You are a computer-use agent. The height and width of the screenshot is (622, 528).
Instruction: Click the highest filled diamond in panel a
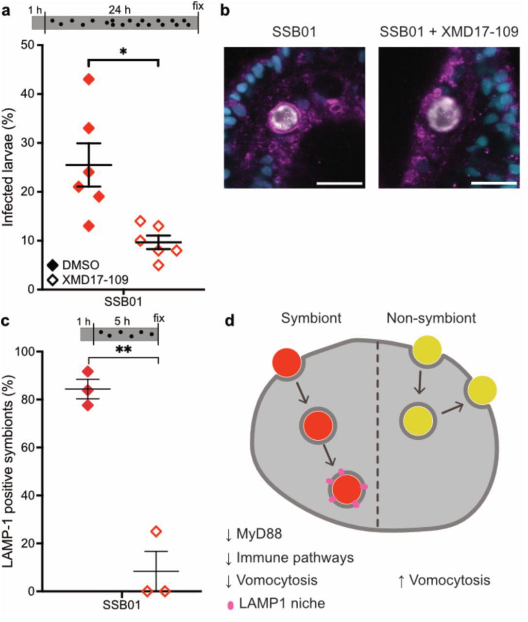click(88, 79)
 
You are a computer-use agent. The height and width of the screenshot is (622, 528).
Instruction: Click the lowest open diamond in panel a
click(158, 265)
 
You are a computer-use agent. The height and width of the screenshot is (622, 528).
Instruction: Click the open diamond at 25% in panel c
click(156, 531)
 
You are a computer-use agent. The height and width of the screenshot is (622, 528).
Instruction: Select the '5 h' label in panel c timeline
click(120, 321)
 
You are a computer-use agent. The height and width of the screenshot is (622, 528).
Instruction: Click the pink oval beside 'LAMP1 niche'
click(230, 605)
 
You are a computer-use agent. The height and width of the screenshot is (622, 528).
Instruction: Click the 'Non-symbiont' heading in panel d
click(431, 318)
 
